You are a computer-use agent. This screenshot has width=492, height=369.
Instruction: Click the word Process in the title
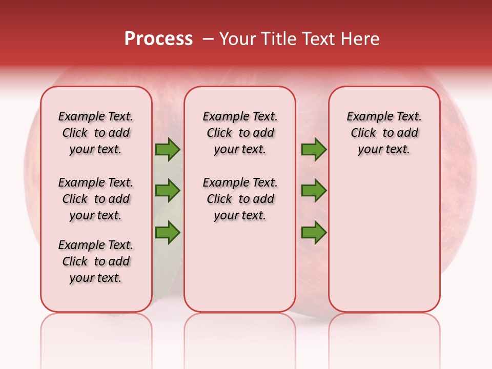tap(158, 39)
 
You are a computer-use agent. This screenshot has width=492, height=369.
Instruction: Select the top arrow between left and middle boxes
tap(168, 149)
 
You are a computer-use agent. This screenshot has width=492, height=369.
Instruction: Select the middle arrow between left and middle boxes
tap(168, 191)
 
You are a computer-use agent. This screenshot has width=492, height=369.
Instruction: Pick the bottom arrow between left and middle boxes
tap(168, 232)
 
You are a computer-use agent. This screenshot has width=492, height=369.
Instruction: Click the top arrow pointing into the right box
tap(314, 149)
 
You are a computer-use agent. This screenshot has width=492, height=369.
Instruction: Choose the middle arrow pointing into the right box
tap(314, 191)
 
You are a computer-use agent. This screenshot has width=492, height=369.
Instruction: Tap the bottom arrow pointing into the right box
tap(314, 232)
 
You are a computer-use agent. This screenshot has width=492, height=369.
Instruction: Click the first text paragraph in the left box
tap(96, 133)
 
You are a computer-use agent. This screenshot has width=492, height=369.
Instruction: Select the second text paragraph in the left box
tap(96, 199)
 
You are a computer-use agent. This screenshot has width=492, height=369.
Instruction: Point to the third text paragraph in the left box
tap(96, 261)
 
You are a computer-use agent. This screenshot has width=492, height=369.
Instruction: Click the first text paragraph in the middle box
tap(240, 133)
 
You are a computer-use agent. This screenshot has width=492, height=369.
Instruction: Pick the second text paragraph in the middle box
tap(240, 199)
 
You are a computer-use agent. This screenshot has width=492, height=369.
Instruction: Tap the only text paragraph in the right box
tap(384, 133)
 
